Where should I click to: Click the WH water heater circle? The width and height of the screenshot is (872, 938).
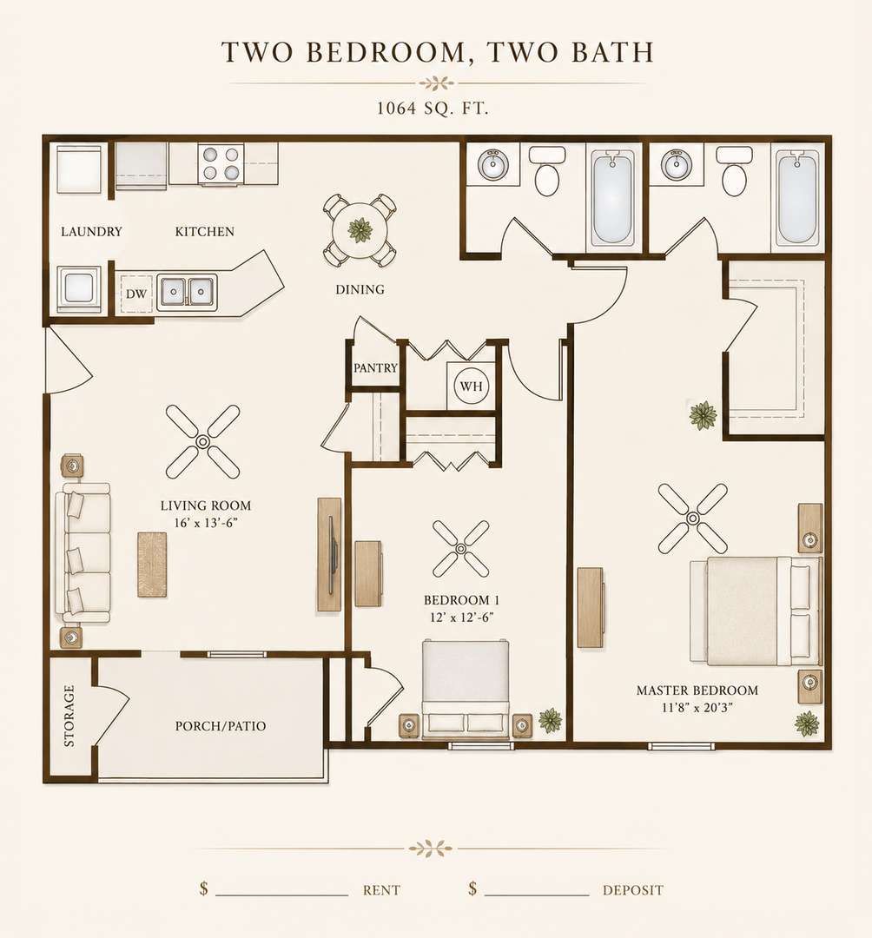click(472, 386)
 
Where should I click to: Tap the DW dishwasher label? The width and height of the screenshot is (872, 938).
click(136, 294)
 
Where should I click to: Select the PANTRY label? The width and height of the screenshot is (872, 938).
click(375, 368)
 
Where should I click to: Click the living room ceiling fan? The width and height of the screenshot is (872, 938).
click(202, 441)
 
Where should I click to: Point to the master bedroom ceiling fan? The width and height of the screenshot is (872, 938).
click(693, 518)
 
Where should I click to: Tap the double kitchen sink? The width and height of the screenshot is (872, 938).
click(187, 292)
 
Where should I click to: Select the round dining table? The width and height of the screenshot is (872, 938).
click(360, 229)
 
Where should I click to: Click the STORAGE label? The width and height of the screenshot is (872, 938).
click(69, 716)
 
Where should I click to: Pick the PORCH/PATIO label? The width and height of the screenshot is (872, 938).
click(221, 725)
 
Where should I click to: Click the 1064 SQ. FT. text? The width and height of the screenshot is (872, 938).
click(433, 109)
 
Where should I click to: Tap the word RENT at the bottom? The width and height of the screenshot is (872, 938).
click(381, 890)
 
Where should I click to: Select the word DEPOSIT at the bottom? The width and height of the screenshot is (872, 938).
click(633, 890)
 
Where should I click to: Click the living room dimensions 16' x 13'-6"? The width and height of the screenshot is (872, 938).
click(206, 523)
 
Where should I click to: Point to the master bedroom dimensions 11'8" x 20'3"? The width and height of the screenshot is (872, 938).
click(697, 708)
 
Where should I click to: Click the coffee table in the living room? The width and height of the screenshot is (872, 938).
click(153, 565)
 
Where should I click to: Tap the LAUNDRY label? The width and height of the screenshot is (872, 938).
click(91, 232)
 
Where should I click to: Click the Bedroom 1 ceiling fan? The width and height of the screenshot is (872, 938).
click(460, 549)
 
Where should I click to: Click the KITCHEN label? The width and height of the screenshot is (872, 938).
click(205, 232)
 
